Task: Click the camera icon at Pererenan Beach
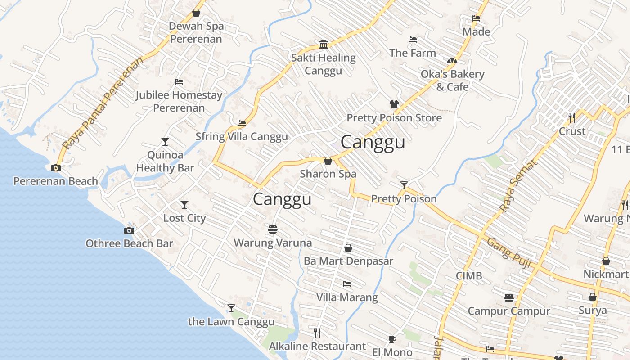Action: (56, 168)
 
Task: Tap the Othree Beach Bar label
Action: (129, 243)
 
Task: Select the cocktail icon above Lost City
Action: (184, 205)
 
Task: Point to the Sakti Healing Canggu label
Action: (323, 64)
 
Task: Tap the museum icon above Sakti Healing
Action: (323, 44)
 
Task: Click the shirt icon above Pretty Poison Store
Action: (394, 104)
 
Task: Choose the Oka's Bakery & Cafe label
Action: (452, 80)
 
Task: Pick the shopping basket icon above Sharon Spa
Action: (328, 161)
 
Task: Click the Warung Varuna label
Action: (273, 243)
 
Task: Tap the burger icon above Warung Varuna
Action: (272, 229)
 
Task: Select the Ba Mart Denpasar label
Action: (348, 261)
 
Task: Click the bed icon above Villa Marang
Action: (347, 284)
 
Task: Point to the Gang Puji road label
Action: (509, 253)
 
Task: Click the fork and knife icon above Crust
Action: (572, 118)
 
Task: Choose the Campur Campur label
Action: (509, 311)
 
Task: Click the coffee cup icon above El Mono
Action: (392, 339)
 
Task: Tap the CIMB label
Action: (469, 276)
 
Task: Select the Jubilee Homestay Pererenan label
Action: (179, 101)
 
